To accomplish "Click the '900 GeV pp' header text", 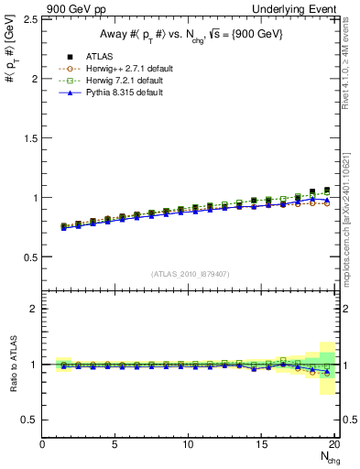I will point(73,9).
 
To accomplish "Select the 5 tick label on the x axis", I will point(115,444).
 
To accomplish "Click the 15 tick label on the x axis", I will point(262,444).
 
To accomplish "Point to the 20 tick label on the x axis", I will point(334,444).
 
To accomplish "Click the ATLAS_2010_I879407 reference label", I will point(189,274).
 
